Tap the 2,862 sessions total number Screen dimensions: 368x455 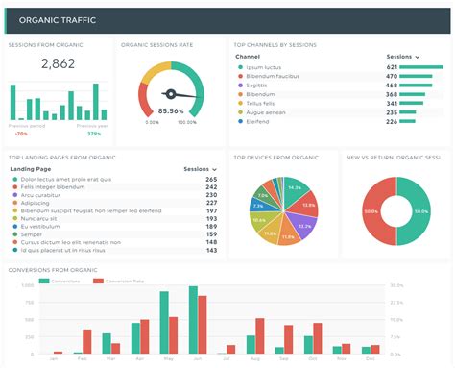(x=58, y=64)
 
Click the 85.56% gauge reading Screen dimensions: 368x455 (x=172, y=110)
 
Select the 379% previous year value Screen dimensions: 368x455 (x=94, y=134)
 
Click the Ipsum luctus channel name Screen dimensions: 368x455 (x=264, y=67)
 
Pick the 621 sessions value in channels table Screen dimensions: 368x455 (x=392, y=67)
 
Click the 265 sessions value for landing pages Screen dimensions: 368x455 (x=210, y=179)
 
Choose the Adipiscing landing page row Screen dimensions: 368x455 (x=36, y=203)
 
